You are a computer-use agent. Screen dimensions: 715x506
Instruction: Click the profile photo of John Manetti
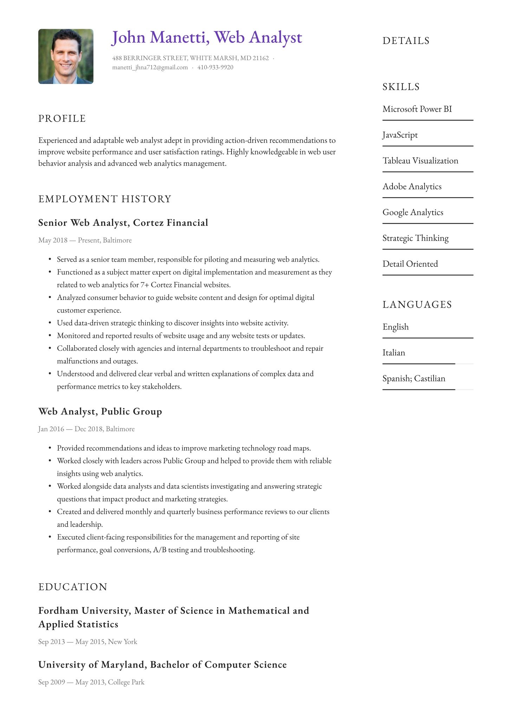click(66, 57)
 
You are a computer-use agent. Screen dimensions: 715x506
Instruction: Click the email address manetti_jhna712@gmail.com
click(150, 67)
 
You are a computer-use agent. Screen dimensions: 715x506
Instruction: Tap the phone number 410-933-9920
click(215, 67)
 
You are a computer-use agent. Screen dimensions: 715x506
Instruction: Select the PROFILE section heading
click(62, 119)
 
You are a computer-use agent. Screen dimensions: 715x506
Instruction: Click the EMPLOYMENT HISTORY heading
click(105, 199)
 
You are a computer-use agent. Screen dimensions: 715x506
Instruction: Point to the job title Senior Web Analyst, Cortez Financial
click(123, 223)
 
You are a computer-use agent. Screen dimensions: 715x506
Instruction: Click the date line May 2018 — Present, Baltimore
click(85, 240)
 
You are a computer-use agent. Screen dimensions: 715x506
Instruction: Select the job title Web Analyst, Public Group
click(100, 411)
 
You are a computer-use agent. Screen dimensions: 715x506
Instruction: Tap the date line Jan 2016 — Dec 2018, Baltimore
click(86, 429)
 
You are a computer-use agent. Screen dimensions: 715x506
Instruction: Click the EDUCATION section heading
click(73, 587)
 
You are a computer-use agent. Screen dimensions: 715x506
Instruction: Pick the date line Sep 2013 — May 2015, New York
click(87, 642)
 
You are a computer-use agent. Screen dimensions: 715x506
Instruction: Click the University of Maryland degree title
click(162, 664)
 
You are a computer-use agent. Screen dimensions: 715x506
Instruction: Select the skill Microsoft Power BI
click(417, 109)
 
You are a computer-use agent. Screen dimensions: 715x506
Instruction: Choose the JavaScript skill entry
click(400, 135)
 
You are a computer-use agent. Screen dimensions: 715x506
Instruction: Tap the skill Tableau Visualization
click(420, 161)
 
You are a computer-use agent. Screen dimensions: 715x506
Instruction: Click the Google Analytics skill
click(413, 212)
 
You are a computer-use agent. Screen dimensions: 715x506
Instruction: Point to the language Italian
click(394, 353)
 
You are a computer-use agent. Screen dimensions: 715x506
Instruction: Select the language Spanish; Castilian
click(414, 379)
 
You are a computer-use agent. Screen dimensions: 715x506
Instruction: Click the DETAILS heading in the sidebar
click(406, 41)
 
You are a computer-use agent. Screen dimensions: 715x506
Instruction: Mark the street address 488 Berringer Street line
click(190, 58)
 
